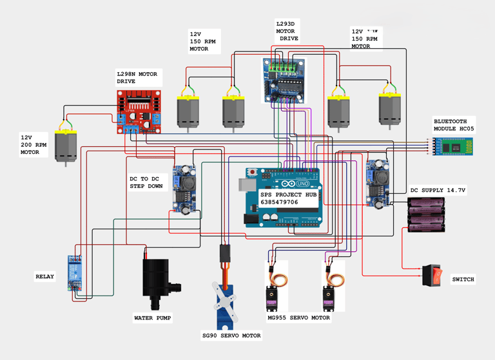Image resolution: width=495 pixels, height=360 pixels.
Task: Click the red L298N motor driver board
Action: tap(139, 111)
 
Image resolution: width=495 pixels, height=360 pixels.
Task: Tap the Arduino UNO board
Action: tap(284, 196)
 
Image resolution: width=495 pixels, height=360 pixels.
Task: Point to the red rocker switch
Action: tap(434, 276)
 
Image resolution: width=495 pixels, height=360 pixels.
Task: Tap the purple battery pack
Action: tap(427, 214)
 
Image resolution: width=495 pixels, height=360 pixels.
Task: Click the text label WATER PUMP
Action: tap(153, 317)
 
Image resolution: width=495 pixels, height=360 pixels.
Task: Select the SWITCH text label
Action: tap(463, 279)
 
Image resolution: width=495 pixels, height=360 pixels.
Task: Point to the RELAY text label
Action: tap(44, 276)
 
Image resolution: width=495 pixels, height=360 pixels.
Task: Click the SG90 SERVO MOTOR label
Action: tap(231, 336)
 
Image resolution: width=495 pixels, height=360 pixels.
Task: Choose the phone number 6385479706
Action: tap(279, 202)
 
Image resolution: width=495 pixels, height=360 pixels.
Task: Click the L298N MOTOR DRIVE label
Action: tap(137, 78)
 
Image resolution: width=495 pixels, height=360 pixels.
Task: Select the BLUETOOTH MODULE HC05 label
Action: tap(454, 125)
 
